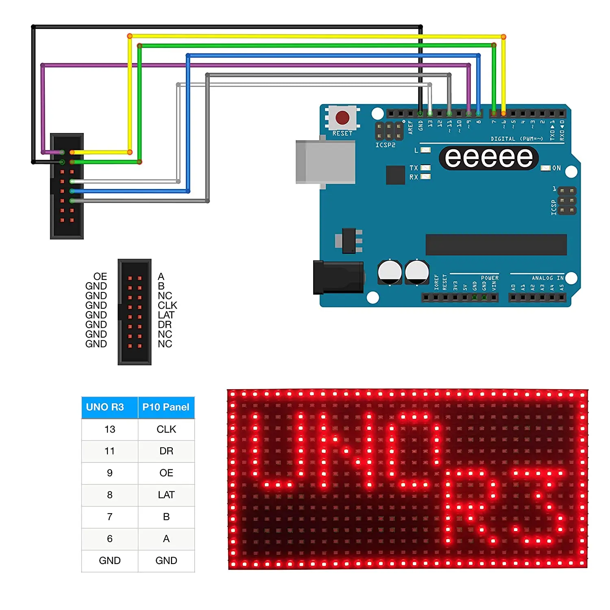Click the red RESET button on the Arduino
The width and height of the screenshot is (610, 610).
342,118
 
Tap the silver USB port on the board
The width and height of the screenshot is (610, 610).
325,162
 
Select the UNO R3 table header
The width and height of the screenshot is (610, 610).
105,407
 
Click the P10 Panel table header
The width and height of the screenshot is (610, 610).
166,407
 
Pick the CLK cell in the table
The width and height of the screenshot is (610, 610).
166,429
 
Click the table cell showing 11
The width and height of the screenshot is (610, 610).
109,451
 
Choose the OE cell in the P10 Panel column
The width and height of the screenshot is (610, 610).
166,473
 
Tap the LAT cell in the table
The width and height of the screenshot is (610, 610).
166,495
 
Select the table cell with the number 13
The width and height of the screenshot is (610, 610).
109,429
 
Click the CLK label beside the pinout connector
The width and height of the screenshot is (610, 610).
167,305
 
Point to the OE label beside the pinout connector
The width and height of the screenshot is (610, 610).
100,277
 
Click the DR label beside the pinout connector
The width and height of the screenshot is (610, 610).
165,325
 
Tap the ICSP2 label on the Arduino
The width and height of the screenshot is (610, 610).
385,145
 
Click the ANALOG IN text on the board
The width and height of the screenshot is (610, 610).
547,278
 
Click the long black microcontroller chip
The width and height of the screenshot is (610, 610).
496,245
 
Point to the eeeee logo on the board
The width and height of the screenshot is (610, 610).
489,158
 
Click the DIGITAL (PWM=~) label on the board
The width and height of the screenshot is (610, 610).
516,139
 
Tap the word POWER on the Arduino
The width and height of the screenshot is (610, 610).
490,278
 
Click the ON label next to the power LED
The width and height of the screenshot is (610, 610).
556,168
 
